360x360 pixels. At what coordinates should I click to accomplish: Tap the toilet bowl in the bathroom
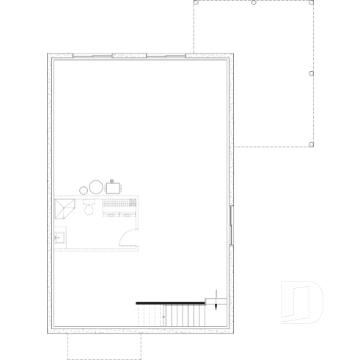tap(89, 209)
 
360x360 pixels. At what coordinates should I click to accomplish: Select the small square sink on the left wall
tap(59, 238)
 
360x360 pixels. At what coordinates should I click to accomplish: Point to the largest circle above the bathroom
tap(96, 187)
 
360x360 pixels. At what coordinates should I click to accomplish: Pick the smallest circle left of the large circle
tap(84, 190)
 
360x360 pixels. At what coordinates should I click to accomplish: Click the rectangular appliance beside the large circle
tap(112, 187)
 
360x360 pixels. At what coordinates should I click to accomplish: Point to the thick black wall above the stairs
tap(169, 302)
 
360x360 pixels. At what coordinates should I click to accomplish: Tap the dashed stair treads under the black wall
tap(150, 316)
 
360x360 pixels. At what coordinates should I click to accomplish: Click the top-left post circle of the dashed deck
tap(195, 2)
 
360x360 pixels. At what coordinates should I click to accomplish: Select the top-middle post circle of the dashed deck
tap(253, 2)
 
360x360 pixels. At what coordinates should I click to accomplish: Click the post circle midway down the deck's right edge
tap(312, 73)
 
